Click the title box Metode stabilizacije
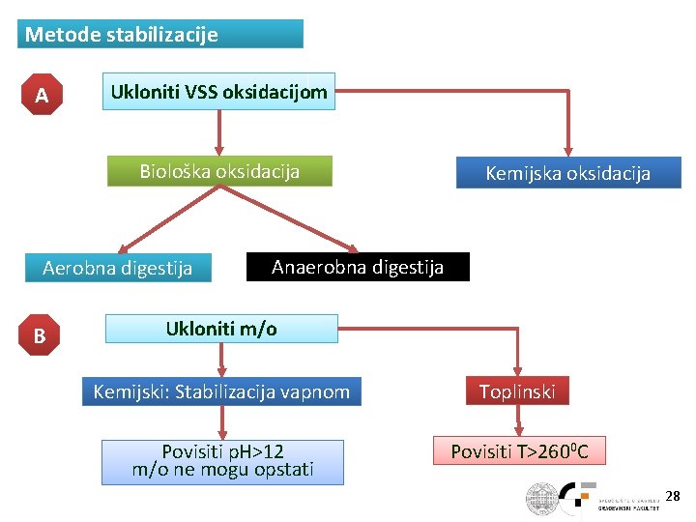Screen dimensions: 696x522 (159, 35)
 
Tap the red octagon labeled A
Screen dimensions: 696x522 (41, 96)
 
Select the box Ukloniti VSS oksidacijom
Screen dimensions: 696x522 (218, 93)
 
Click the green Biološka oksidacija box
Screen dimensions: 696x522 (219, 172)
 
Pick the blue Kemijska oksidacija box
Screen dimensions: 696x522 (567, 173)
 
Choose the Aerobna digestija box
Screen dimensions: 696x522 (117, 268)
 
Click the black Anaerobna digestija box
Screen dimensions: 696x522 (358, 267)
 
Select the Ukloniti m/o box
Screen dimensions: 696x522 (221, 329)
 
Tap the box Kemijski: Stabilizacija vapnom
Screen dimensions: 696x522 (221, 391)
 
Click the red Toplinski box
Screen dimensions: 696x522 (518, 391)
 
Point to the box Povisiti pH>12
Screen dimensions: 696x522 (223, 461)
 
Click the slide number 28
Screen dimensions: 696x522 (673, 496)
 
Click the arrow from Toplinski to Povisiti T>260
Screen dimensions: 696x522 (520, 420)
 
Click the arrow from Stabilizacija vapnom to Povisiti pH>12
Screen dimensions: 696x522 (223, 422)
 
